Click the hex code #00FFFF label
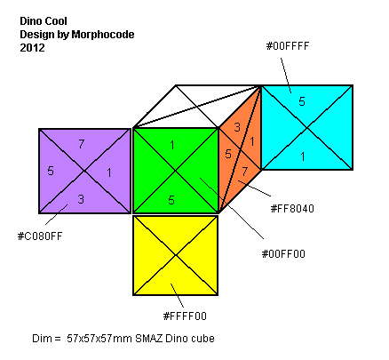tap(288, 46)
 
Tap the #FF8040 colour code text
tap(292, 209)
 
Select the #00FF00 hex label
tap(283, 254)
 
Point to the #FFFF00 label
tap(185, 316)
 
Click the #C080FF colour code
tap(40, 236)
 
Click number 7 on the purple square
tap(82, 144)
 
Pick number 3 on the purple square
tap(81, 199)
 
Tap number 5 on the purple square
tap(51, 171)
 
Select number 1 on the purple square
tap(109, 172)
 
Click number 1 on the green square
tap(172, 145)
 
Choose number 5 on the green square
tap(171, 200)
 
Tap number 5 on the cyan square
tap(302, 101)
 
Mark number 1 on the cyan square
tap(303, 156)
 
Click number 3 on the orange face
tap(237, 127)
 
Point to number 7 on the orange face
tap(244, 172)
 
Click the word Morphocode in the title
tap(103, 35)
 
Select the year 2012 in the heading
tap(32, 48)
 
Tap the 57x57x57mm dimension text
tap(99, 338)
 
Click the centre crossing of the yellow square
tap(176, 255)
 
